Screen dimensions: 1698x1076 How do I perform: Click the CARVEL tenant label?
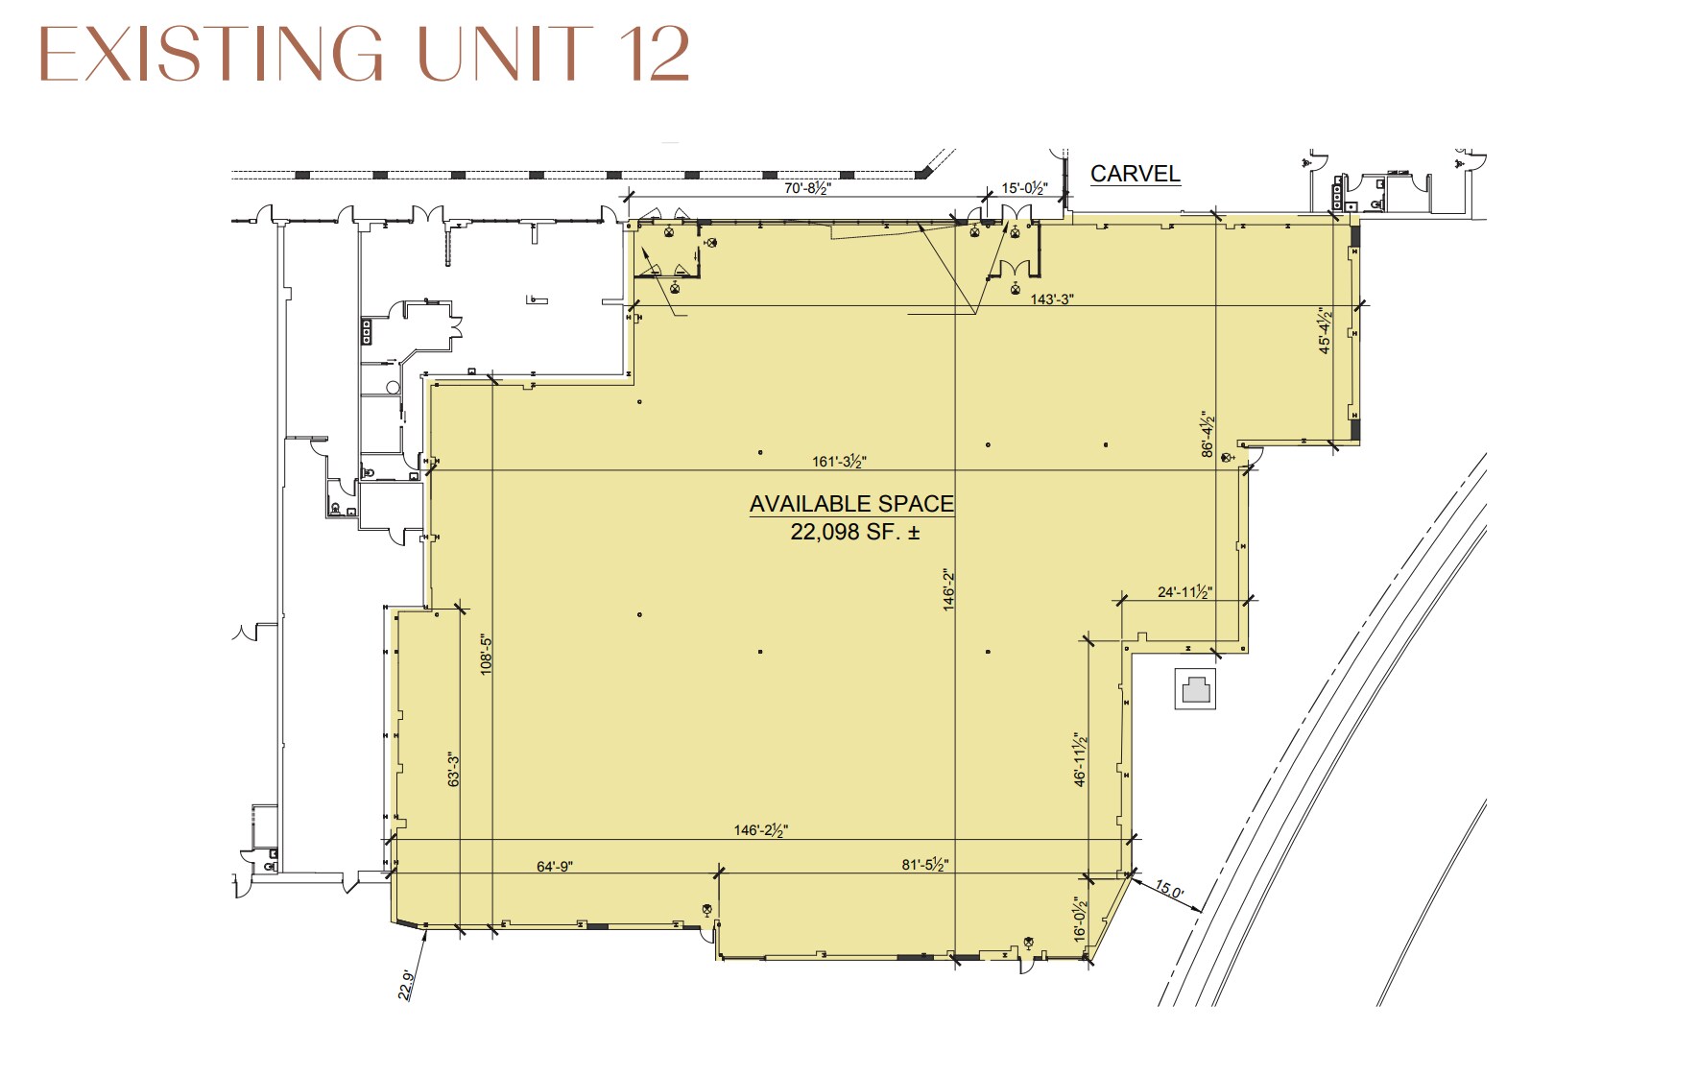tap(1135, 174)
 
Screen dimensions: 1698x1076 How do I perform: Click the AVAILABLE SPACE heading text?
tap(851, 504)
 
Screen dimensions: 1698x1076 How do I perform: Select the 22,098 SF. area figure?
tap(854, 532)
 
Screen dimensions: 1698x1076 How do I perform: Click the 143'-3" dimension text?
tap(1052, 299)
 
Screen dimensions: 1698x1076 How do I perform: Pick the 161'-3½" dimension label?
tap(839, 462)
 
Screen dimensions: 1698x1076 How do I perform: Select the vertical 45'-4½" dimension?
tap(1326, 331)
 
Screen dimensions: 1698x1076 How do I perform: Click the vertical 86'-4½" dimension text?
tap(1208, 436)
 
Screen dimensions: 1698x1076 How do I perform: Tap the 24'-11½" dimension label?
tap(1184, 592)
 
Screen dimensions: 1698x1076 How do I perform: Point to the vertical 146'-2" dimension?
tap(948, 589)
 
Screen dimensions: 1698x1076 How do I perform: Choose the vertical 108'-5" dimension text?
tap(486, 656)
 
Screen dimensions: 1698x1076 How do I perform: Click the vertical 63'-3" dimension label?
tap(454, 770)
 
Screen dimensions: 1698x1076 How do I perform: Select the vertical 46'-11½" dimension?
tap(1081, 760)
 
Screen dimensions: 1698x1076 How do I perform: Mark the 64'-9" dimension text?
tap(555, 867)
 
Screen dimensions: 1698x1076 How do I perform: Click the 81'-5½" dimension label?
tap(925, 865)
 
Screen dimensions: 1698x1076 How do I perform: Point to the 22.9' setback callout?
tap(407, 986)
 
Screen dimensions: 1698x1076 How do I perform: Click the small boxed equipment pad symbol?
tap(1196, 689)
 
